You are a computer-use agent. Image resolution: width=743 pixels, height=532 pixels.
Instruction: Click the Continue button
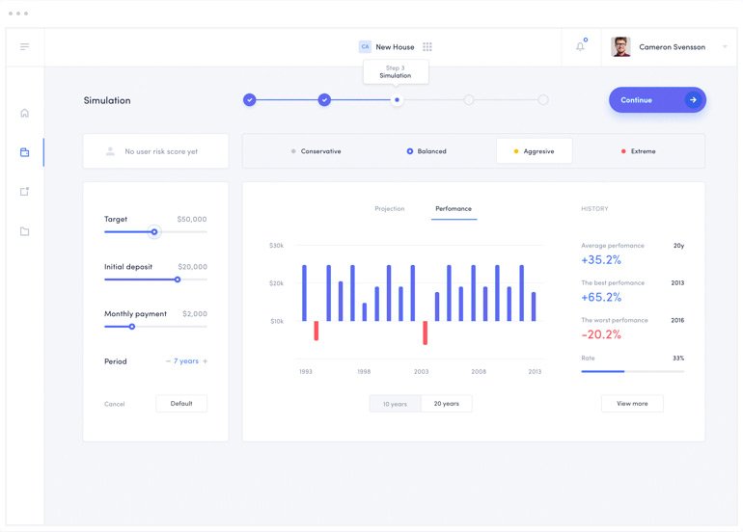pos(656,100)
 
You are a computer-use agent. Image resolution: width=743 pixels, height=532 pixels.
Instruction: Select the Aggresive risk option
pos(534,151)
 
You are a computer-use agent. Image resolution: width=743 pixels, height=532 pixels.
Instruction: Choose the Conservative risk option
pos(316,151)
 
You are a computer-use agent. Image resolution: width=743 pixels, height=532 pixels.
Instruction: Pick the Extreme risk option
pos(639,151)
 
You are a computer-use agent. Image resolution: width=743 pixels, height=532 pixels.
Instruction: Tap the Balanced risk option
pos(427,151)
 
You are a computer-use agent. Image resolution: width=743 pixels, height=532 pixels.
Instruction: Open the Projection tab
pos(390,209)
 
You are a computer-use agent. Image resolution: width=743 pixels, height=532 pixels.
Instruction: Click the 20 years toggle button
pos(446,404)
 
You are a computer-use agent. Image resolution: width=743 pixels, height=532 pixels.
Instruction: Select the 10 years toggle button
pos(395,404)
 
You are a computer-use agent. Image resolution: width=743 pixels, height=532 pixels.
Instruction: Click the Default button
pos(181,404)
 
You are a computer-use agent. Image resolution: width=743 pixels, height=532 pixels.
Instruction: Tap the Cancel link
pos(115,404)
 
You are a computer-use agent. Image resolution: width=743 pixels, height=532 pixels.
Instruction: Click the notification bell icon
pos(580,46)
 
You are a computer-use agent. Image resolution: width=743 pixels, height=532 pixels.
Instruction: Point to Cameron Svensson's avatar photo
pos(620,46)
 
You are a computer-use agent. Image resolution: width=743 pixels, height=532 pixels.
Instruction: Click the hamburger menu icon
pos(24,46)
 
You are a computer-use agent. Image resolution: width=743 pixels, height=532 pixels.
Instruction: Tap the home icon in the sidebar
pos(24,113)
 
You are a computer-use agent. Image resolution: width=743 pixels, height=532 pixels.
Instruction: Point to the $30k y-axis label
pos(276,246)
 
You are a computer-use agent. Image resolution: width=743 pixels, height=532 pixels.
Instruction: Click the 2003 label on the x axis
pos(421,371)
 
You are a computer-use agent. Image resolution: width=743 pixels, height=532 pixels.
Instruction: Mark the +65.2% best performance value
pos(601,297)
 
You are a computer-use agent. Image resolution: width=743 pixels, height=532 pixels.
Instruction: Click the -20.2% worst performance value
pos(601,334)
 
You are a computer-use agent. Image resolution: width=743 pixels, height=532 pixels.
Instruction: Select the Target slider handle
pos(153,232)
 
